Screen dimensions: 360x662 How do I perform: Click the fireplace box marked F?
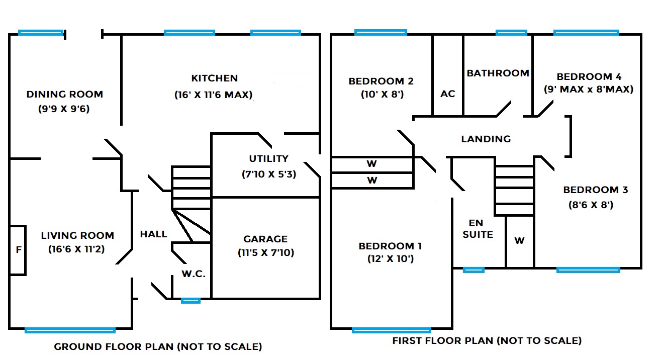[x=18, y=250]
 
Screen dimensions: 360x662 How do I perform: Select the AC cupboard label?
[x=447, y=94]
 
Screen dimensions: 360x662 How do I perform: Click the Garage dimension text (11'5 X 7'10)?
[x=266, y=252]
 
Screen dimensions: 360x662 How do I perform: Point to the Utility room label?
[x=269, y=159]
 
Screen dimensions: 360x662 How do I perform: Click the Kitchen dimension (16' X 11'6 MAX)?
[x=214, y=95]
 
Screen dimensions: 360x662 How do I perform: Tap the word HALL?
[x=153, y=234]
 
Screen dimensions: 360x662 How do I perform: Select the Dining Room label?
[x=64, y=94]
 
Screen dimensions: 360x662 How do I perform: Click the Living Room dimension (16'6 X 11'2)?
[x=77, y=249]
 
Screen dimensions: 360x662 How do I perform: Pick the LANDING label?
[x=486, y=139]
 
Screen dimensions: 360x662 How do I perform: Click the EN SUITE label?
[x=478, y=228]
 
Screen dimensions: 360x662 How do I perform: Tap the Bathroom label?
[x=498, y=73]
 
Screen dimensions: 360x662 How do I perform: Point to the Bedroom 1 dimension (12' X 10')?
[x=390, y=259]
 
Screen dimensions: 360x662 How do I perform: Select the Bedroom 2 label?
[x=381, y=81]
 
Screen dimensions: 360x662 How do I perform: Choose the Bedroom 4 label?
[x=589, y=77]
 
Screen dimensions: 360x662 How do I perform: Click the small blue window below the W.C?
[x=191, y=301]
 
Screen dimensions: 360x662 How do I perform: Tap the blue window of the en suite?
[x=474, y=270]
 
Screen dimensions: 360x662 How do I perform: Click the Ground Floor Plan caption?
[x=158, y=346]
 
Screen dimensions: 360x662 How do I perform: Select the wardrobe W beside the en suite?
[x=519, y=241]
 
